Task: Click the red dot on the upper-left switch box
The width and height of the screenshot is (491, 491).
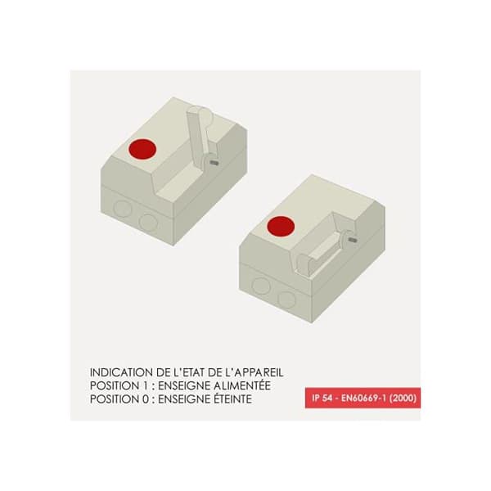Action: tap(142, 149)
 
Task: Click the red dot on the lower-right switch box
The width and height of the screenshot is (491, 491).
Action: tap(281, 226)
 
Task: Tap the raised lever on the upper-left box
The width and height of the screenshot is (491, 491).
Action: tap(199, 132)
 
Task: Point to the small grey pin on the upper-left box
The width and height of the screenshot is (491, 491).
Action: tap(214, 163)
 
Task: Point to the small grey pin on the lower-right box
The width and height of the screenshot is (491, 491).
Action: tap(353, 240)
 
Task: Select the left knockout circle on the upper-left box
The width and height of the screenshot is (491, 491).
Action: tap(122, 209)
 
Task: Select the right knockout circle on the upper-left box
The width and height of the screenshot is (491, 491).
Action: tap(148, 222)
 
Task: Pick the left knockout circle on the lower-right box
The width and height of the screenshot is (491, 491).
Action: tap(260, 286)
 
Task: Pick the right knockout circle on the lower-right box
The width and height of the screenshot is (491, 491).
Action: tap(287, 300)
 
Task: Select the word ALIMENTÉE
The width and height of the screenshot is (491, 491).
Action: tap(242, 385)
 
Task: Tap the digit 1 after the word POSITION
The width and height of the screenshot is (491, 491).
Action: tap(145, 385)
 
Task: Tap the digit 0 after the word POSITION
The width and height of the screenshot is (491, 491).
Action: tap(146, 399)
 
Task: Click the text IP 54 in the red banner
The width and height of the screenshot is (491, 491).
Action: tap(322, 398)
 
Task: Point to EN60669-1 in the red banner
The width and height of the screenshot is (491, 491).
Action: tap(364, 398)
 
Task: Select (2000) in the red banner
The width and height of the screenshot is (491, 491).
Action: tap(403, 398)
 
